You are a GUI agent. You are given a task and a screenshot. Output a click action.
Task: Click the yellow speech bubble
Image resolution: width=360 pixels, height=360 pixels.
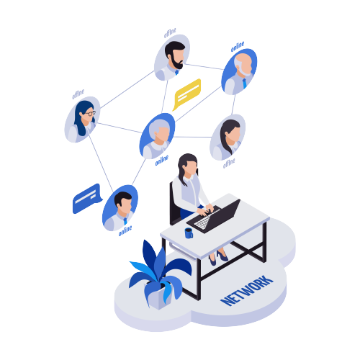point(187,94)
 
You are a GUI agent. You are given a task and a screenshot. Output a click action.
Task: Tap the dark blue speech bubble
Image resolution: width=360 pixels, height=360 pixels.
point(87,199)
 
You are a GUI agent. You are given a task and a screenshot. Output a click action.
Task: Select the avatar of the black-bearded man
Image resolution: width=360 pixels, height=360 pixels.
point(172,58)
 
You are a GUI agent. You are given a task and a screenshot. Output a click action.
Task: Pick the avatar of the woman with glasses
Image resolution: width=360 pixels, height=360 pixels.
point(82,120)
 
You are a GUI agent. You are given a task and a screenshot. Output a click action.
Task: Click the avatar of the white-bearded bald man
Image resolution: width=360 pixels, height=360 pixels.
point(239,71)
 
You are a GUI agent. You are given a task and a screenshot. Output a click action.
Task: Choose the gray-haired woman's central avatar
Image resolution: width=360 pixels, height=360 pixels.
point(157,136)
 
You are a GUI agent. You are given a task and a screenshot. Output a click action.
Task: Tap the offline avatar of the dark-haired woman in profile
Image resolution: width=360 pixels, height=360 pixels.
point(228,137)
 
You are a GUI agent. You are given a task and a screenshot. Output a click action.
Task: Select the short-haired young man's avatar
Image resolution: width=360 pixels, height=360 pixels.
point(120,208)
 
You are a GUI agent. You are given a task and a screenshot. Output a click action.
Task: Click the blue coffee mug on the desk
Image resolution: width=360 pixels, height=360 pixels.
point(189,233)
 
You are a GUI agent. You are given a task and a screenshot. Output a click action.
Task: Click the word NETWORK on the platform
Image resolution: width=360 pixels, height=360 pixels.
point(247,291)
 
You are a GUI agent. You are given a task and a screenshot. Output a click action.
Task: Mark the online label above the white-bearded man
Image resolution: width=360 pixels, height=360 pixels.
point(238,47)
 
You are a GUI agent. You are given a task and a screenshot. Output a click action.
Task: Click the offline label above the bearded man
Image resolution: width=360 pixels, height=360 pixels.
point(170,33)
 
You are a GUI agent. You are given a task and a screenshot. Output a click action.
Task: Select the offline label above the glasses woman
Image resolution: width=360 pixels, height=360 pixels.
point(78,94)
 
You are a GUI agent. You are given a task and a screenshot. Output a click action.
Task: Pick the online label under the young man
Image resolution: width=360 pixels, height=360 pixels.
point(125,230)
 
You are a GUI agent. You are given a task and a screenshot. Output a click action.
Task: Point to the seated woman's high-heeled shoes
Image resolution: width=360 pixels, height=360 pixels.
point(218,258)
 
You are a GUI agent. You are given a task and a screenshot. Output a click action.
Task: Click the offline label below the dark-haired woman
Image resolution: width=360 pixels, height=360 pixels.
point(229,163)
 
